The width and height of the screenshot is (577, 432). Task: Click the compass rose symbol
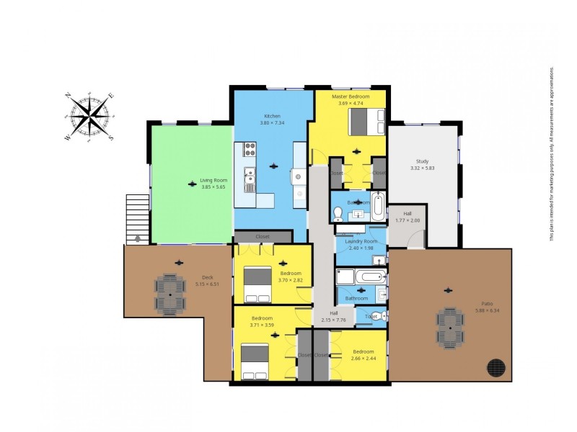89,117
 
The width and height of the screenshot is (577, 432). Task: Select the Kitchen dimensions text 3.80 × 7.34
273,123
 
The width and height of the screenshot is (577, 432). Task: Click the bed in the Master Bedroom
367,120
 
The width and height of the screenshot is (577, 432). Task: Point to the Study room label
422,161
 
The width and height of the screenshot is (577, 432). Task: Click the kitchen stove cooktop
250,150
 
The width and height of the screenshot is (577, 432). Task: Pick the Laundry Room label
361,241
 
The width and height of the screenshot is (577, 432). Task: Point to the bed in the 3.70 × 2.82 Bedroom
257,284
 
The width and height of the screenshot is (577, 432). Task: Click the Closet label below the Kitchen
262,236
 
